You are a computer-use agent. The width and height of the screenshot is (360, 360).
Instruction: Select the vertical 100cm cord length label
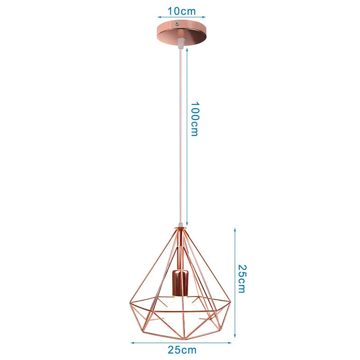pos(194,119)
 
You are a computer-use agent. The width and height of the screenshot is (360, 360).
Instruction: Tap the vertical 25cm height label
pos(241,278)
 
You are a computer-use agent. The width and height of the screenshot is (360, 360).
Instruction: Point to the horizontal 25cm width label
pos(183,349)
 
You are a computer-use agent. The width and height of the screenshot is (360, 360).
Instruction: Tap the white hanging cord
pos(182,135)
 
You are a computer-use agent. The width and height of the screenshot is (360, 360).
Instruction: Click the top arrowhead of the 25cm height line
pos(234,230)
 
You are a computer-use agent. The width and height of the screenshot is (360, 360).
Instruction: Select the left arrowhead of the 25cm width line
pos(132,342)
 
